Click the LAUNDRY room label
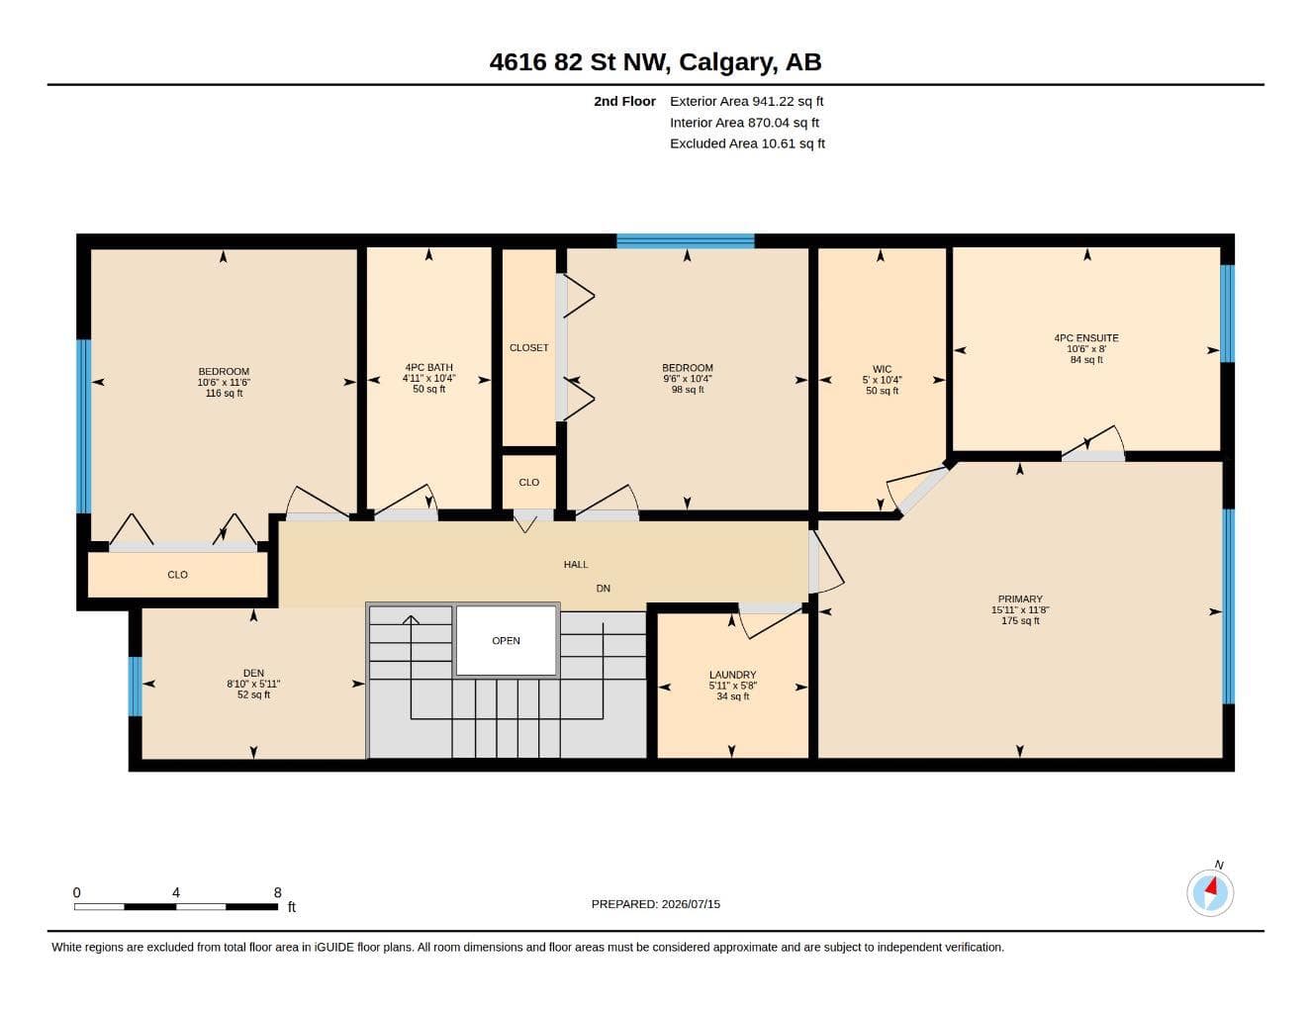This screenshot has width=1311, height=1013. pyautogui.click(x=732, y=675)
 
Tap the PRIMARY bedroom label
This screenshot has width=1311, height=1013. pyautogui.click(x=1019, y=599)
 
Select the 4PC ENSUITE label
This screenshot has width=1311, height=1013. pyautogui.click(x=1086, y=338)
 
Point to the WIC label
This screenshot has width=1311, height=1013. pyautogui.click(x=882, y=369)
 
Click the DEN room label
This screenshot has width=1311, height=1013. pyautogui.click(x=253, y=673)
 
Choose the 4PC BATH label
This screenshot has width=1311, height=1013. pyautogui.click(x=428, y=367)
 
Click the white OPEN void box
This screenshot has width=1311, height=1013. pyautogui.click(x=506, y=640)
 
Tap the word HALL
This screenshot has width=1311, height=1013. pyautogui.click(x=576, y=565)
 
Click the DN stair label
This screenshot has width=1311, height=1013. pyautogui.click(x=603, y=589)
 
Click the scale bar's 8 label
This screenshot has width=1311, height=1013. pyautogui.click(x=277, y=892)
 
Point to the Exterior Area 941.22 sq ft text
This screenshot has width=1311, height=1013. pyautogui.click(x=746, y=101)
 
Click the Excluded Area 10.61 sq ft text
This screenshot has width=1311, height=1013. pyautogui.click(x=747, y=143)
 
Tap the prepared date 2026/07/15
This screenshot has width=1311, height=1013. pyautogui.click(x=691, y=904)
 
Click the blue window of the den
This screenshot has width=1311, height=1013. pyautogui.click(x=136, y=687)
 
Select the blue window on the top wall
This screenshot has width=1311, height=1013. pyautogui.click(x=686, y=241)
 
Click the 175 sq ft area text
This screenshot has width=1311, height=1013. pyautogui.click(x=1020, y=620)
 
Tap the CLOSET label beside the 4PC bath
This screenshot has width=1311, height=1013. pyautogui.click(x=528, y=348)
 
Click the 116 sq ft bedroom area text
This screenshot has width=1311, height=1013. pyautogui.click(x=224, y=393)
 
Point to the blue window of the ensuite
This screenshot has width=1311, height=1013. pyautogui.click(x=1227, y=314)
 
